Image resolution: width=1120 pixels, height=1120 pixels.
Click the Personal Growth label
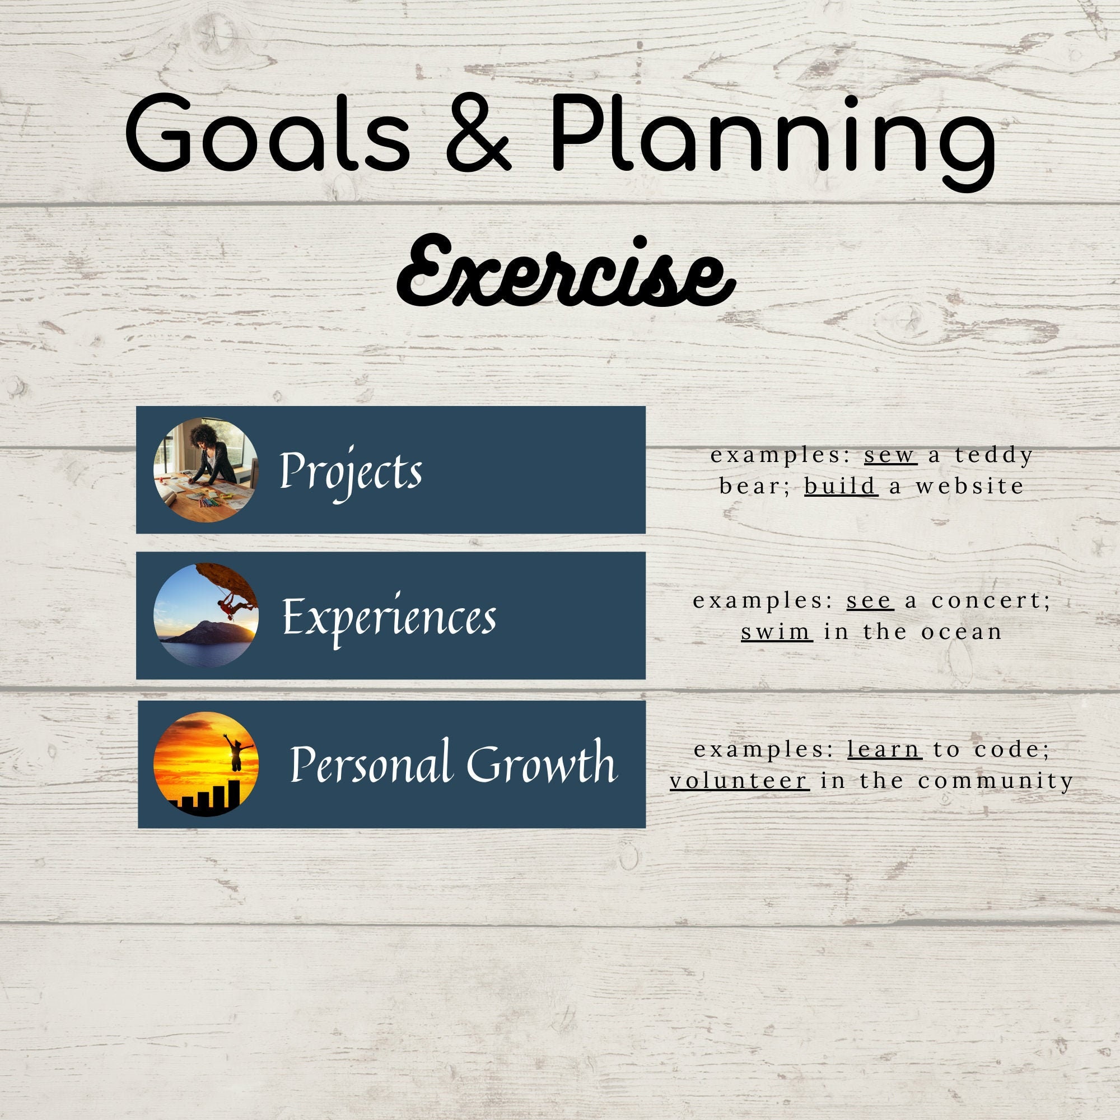452,764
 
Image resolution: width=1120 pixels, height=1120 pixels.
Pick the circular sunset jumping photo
206,764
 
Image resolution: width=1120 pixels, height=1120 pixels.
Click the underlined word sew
890,456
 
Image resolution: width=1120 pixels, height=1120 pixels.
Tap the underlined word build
841,486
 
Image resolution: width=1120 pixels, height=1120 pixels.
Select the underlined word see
869,601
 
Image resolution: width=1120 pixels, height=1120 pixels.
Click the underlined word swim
776,631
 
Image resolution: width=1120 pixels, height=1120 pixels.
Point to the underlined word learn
884,750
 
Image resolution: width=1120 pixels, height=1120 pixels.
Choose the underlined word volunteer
739,781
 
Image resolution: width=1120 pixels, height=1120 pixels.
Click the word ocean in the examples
962,631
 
